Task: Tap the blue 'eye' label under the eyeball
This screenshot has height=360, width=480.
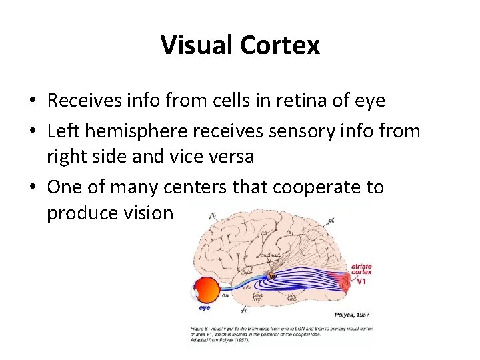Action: pos(205,308)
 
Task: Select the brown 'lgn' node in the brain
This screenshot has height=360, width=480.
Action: pos(272,275)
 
